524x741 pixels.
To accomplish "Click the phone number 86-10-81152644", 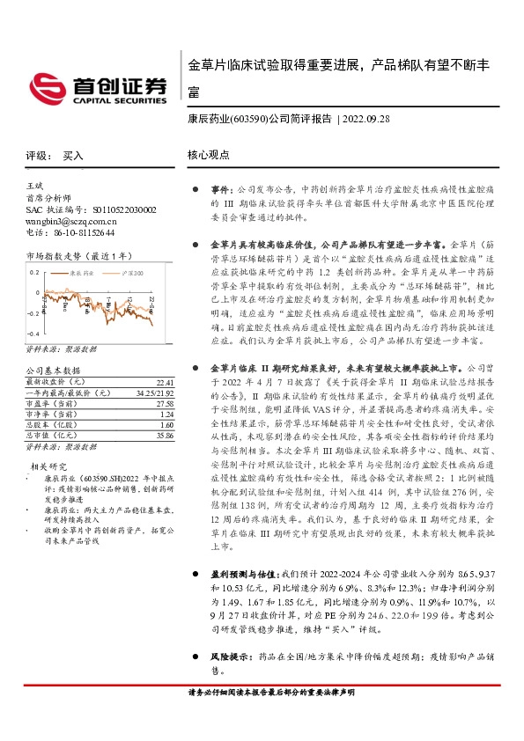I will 81,232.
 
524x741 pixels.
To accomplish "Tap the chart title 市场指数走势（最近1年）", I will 80,255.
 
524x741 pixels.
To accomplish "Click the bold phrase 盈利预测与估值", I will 240,598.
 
